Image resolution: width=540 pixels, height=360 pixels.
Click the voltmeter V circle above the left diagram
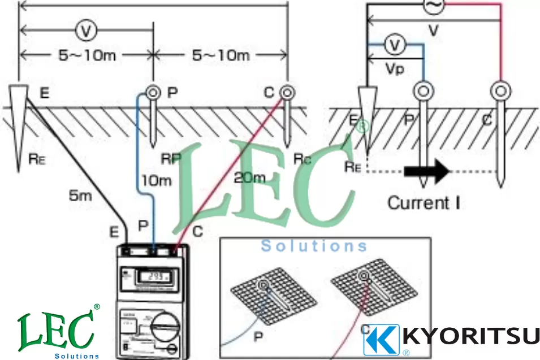coord(85,32)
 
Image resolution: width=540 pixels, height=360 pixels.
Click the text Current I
coord(423,202)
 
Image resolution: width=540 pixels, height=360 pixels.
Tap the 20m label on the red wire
coord(249,178)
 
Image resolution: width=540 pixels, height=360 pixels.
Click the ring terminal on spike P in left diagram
coord(152,92)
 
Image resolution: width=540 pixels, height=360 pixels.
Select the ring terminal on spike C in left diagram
coord(287,91)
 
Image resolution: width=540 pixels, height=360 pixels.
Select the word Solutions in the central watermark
coord(314,246)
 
